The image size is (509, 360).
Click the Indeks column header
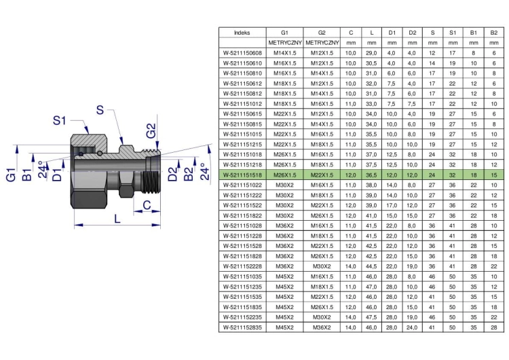coord(242,33)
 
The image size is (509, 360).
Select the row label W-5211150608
coord(242,53)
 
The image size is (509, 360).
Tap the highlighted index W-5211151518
coord(242,175)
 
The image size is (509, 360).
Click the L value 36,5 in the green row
coord(371,175)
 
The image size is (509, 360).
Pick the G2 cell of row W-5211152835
coord(322,327)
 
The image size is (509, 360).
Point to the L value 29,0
coord(371,53)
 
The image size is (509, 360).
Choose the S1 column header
coord(453,33)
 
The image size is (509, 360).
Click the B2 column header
coord(494,33)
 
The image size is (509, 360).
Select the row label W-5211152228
coord(242,266)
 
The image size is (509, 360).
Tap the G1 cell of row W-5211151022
coord(284,185)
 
